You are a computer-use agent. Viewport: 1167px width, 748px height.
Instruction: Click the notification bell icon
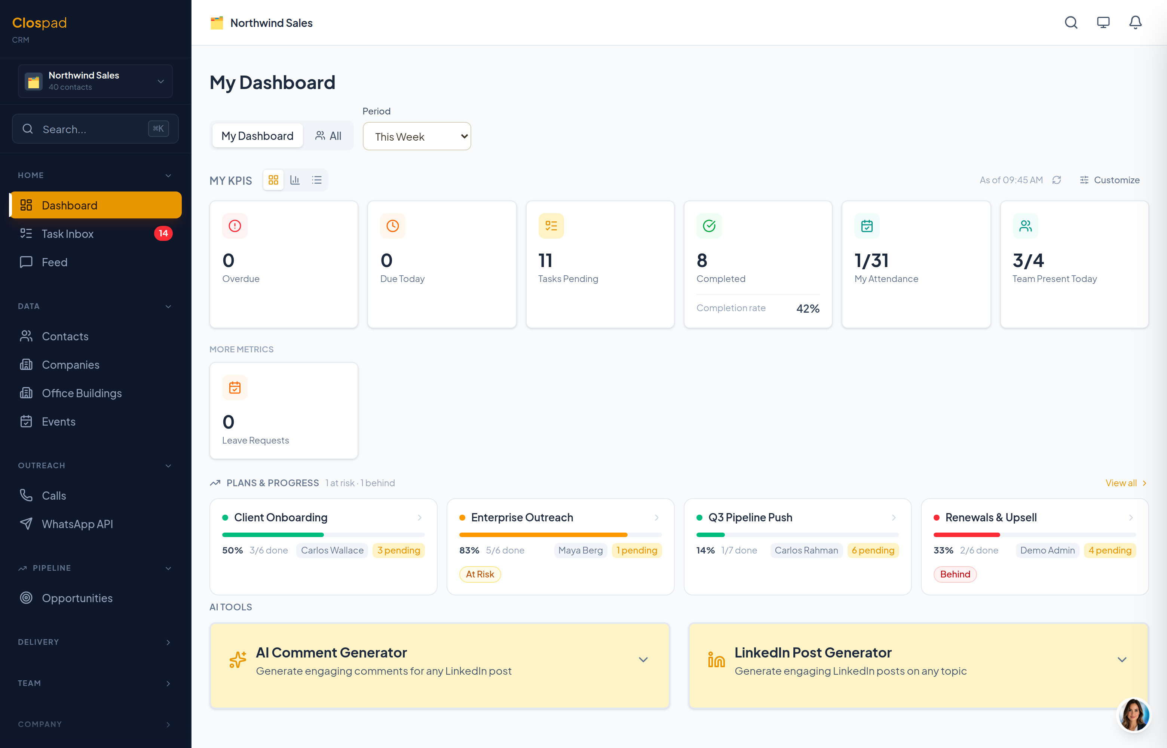point(1135,22)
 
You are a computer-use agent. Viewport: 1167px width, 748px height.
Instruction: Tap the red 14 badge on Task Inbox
point(163,233)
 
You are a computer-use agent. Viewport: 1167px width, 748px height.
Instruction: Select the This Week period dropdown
point(417,137)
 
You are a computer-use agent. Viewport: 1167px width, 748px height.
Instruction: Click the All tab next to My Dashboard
point(328,135)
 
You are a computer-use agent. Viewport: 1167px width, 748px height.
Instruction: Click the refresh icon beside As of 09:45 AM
point(1056,180)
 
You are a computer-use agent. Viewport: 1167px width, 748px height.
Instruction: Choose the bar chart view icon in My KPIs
point(295,180)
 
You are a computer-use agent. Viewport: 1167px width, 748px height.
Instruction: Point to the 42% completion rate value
point(808,309)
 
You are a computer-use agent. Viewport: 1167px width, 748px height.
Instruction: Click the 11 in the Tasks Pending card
point(545,261)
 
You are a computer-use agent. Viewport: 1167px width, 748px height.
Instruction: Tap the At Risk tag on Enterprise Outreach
point(480,574)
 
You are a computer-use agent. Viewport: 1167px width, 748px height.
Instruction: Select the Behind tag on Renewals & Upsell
point(955,574)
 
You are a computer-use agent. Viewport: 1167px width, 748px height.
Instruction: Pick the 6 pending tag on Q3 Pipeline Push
point(873,550)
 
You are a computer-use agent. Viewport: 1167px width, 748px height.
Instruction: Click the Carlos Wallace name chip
point(332,550)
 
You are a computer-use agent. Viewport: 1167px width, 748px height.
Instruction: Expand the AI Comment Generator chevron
point(643,660)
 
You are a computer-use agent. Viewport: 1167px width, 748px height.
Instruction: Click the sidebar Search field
point(95,129)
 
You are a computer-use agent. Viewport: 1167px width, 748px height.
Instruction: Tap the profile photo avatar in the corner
point(1133,714)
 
